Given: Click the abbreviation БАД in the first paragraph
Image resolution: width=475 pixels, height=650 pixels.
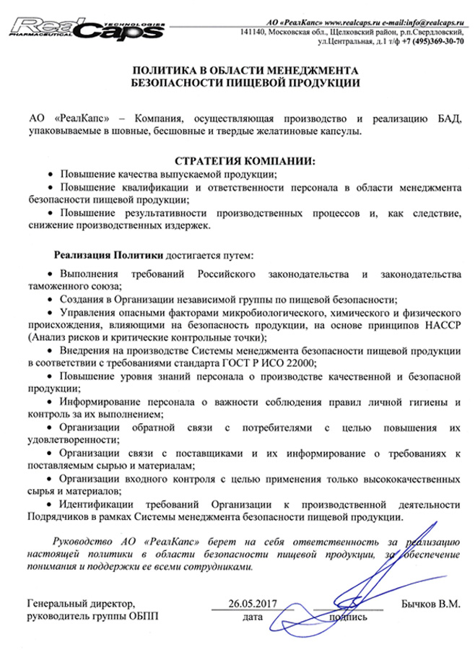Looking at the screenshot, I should [x=448, y=117].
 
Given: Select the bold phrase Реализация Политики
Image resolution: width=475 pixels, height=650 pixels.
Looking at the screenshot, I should [x=110, y=256].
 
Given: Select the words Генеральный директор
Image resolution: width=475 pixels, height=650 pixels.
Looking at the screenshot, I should [x=80, y=602].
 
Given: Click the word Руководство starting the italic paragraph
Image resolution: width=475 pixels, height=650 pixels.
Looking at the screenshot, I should [x=83, y=540].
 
